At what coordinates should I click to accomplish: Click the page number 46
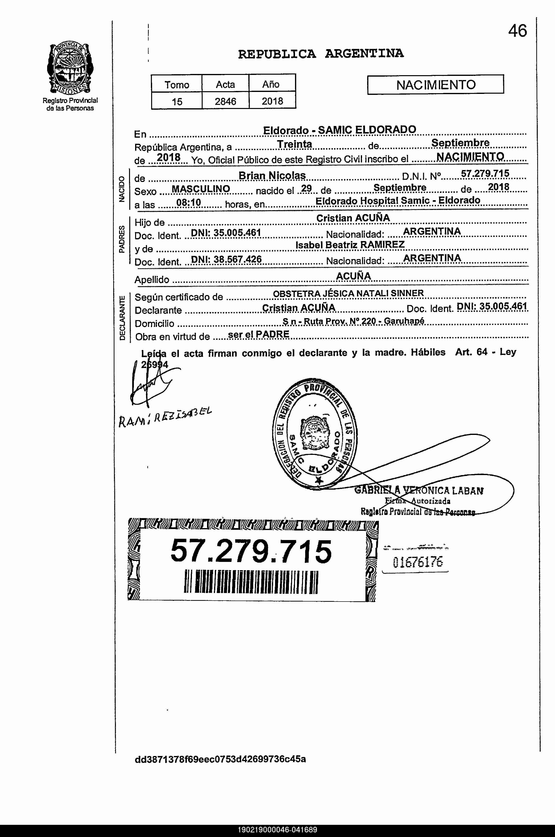[x=518, y=31]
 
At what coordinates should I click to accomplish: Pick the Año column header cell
[x=271, y=84]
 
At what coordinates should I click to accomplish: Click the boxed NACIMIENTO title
[x=435, y=85]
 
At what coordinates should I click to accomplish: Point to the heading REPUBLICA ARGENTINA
[x=321, y=54]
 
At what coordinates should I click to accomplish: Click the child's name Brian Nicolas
[x=272, y=175]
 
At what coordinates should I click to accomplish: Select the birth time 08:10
[x=188, y=203]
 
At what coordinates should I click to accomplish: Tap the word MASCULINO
[x=201, y=189]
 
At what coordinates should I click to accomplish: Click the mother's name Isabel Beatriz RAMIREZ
[x=350, y=244]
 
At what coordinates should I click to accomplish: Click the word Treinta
[x=295, y=144]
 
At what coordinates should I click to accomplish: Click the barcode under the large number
[x=251, y=582]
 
